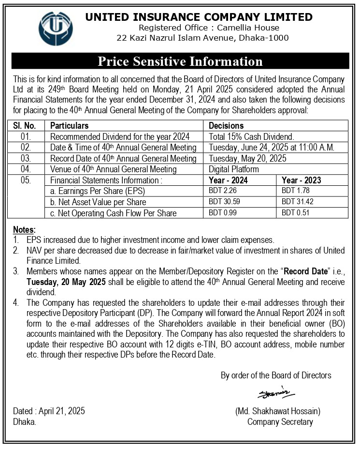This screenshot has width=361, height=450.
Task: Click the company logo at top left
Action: pos(56,28)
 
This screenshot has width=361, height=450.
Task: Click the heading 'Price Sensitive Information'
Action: pos(180,61)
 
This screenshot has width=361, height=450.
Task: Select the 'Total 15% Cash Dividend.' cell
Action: pos(251,136)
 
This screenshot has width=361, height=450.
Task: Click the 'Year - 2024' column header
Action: pos(229,180)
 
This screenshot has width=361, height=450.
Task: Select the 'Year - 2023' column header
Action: pos(301,180)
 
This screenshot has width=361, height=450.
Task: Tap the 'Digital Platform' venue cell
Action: pos(234,169)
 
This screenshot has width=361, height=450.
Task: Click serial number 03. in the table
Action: pos(26,158)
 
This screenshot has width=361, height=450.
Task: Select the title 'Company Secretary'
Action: pos(280,422)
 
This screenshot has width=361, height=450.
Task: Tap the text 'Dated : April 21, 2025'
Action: pos(49,411)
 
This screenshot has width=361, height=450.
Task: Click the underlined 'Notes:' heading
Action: pos(24,229)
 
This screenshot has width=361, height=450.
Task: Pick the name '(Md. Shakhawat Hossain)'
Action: pos(278,411)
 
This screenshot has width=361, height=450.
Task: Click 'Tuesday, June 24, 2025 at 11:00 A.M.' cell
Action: pos(272,147)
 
